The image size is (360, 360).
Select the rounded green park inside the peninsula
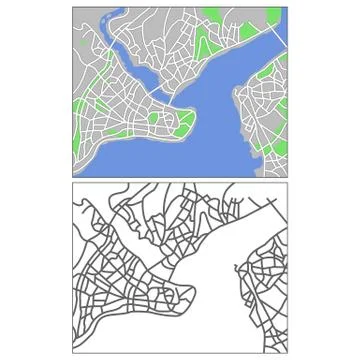153,118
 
